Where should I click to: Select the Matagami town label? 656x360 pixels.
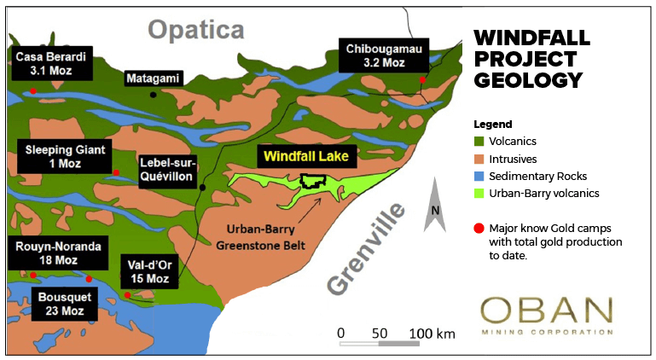[x=153, y=78]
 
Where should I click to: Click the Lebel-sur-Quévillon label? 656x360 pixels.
[x=168, y=170]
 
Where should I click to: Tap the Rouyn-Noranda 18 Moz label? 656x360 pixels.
[x=58, y=253]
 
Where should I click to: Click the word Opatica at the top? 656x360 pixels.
[x=196, y=29]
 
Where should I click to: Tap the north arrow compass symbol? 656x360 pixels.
[x=435, y=205]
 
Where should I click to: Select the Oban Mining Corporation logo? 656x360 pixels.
[x=546, y=316]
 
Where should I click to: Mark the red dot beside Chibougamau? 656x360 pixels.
[x=422, y=80]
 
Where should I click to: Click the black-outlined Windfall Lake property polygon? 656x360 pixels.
[x=313, y=181]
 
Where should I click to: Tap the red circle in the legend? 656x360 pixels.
[x=479, y=228]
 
